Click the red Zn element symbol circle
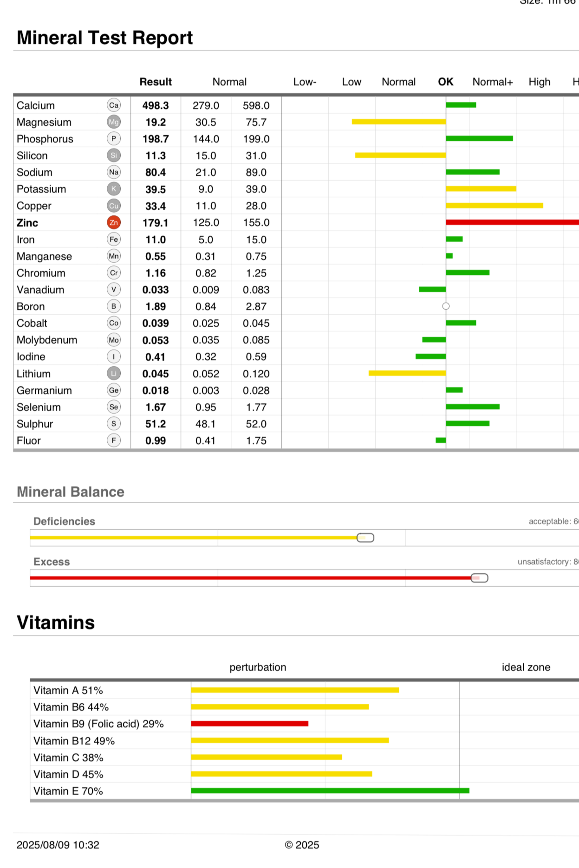tap(114, 223)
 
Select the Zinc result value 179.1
tap(156, 223)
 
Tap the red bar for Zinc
tap(511, 222)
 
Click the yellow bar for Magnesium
tap(398, 122)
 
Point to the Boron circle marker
tap(446, 306)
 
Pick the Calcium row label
tap(36, 105)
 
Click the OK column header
tap(445, 82)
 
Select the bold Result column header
tap(156, 82)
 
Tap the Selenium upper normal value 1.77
tap(256, 407)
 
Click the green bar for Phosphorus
tap(479, 138)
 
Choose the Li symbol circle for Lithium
tap(114, 373)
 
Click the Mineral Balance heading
tap(71, 492)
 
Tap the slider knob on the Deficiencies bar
tap(365, 538)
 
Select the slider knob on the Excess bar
tap(479, 578)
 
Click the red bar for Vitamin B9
tap(250, 724)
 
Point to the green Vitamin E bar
tap(330, 790)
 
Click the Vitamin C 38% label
tap(68, 758)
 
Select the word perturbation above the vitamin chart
tap(258, 667)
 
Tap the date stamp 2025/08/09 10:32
tap(58, 845)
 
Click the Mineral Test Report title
tap(104, 38)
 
